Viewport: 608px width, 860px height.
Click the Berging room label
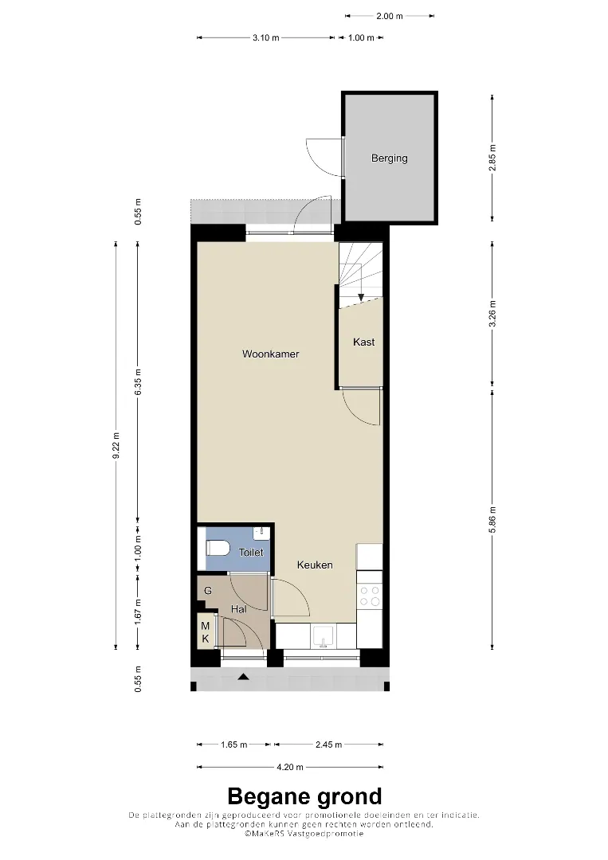click(389, 158)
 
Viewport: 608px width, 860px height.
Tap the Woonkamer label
click(270, 354)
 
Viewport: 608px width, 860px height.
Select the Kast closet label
click(364, 342)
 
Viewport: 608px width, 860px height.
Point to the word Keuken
click(315, 565)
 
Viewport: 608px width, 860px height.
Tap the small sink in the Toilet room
click(261, 531)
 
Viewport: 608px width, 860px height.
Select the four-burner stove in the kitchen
click(369, 596)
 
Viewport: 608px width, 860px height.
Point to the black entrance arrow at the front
click(244, 677)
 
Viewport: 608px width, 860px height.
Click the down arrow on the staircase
click(361, 298)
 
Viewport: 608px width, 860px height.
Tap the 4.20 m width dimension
click(290, 767)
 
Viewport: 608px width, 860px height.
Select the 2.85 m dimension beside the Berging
click(492, 158)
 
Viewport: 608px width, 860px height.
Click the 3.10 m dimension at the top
click(265, 38)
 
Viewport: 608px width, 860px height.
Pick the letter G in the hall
click(208, 591)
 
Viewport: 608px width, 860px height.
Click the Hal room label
click(238, 609)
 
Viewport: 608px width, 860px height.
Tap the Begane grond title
click(304, 795)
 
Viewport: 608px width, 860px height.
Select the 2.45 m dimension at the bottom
click(328, 745)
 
